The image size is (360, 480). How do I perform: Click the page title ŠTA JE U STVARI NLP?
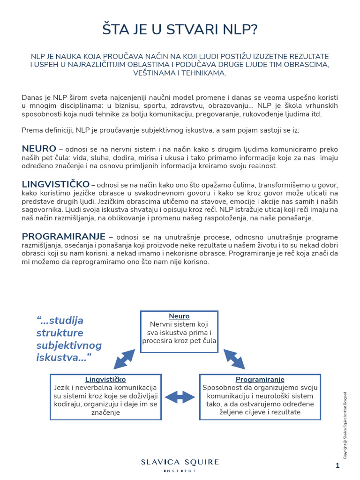pyautogui.click(x=180, y=30)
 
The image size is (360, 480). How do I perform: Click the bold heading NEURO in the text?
pyautogui.click(x=39, y=149)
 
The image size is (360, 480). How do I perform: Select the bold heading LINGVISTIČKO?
pyautogui.click(x=55, y=184)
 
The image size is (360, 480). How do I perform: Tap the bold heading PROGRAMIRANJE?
pyautogui.click(x=64, y=236)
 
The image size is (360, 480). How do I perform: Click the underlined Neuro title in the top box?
pyautogui.click(x=179, y=316)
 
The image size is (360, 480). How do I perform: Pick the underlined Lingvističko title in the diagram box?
pyautogui.click(x=105, y=379)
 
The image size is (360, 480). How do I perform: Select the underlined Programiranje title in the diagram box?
pyautogui.click(x=260, y=379)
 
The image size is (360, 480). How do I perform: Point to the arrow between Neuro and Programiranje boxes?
pyautogui.click(x=234, y=359)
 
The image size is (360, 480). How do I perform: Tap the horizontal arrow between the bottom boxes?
pyautogui.click(x=180, y=397)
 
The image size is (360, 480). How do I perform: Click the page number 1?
pyautogui.click(x=337, y=465)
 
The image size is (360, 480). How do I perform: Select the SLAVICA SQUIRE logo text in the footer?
pyautogui.click(x=180, y=462)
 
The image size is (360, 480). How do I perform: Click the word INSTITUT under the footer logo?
pyautogui.click(x=180, y=471)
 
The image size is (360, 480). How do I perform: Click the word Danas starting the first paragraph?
pyautogui.click(x=31, y=97)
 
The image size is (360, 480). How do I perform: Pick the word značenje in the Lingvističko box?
pyautogui.click(x=105, y=412)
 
